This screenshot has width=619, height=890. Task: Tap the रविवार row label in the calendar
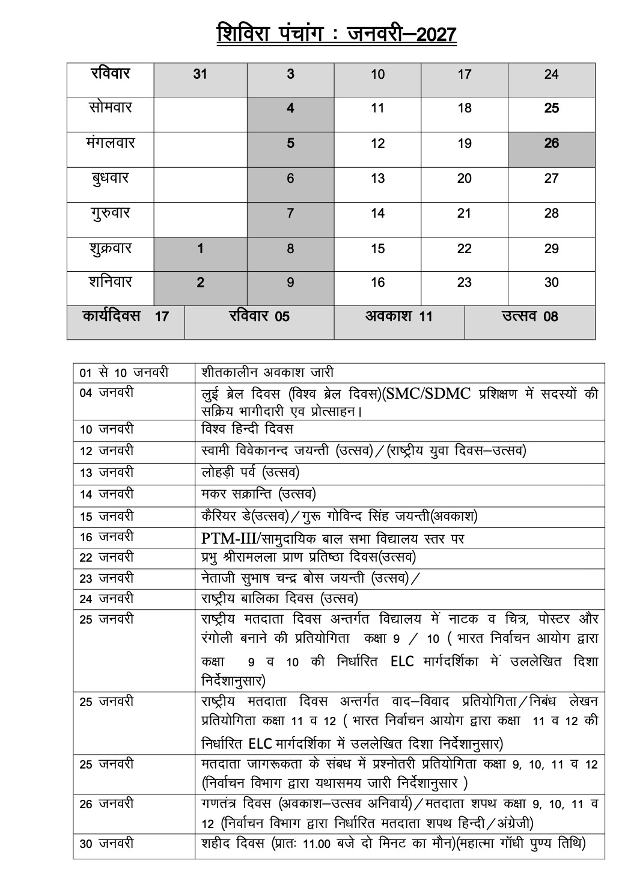pyautogui.click(x=111, y=74)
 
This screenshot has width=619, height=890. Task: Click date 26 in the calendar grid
pyautogui.click(x=551, y=143)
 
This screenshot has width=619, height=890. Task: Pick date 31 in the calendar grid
pyautogui.click(x=200, y=75)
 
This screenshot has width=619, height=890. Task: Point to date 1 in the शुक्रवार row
pyautogui.click(x=200, y=248)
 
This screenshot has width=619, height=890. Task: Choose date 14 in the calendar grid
pyautogui.click(x=377, y=213)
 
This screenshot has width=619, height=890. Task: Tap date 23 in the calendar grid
pyautogui.click(x=464, y=283)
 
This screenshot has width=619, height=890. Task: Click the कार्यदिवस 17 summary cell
pyautogui.click(x=126, y=316)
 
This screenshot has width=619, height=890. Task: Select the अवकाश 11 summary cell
pyautogui.click(x=399, y=316)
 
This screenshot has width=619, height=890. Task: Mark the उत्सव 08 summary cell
pyautogui.click(x=529, y=316)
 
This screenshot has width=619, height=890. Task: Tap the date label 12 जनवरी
pyautogui.click(x=106, y=451)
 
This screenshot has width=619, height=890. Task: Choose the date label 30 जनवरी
pyautogui.click(x=106, y=844)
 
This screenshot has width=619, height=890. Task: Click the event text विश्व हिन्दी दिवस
pyautogui.click(x=247, y=429)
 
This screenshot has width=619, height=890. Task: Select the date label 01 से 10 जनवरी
pyautogui.click(x=124, y=373)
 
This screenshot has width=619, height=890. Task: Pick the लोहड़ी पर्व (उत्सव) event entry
pyautogui.click(x=250, y=473)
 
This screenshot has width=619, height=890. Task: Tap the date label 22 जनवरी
pyautogui.click(x=106, y=557)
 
